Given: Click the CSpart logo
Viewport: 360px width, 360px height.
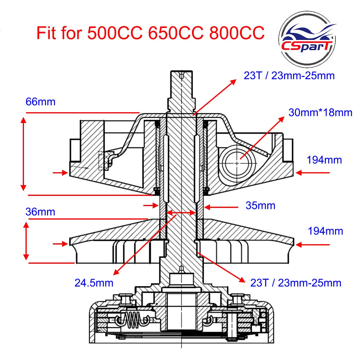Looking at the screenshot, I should [x=307, y=39].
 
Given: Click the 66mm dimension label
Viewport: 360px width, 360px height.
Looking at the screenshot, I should [x=40, y=102].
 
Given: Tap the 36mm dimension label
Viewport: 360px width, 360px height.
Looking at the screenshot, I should [x=40, y=212].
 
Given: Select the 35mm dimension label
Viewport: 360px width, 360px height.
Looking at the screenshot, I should [x=260, y=206].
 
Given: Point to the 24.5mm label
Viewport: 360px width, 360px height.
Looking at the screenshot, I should [x=94, y=283].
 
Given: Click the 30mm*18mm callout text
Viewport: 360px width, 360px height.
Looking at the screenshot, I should [x=320, y=113].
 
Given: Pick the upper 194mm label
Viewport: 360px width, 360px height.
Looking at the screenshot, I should [x=324, y=160].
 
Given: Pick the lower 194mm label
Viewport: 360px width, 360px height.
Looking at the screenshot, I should [x=325, y=231].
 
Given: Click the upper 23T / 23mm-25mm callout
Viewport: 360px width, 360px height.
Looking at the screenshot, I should [x=289, y=76].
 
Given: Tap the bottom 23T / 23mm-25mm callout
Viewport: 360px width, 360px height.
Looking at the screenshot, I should [x=295, y=283].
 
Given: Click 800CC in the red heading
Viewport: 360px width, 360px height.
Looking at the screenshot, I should [x=237, y=33].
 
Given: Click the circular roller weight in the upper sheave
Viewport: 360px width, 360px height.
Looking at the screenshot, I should [x=237, y=163].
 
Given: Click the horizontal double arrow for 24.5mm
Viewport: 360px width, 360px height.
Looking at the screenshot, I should [x=181, y=213].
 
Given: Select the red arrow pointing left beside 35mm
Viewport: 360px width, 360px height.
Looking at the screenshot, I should [x=221, y=207].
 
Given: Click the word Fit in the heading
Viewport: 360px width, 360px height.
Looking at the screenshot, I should [x=46, y=33].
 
